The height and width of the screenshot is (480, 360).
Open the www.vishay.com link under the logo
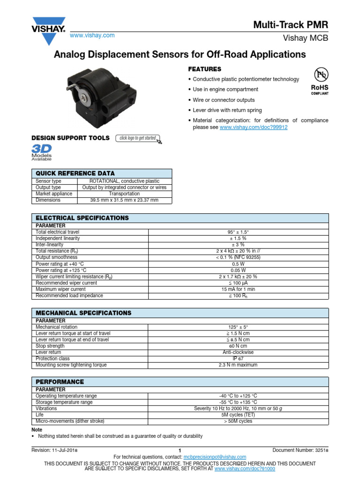pos(92,36)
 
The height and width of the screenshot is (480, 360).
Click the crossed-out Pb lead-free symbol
pos(321,75)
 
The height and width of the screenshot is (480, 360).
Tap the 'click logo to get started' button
pos(139,138)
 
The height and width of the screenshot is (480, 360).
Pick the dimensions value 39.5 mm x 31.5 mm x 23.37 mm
pos(124,200)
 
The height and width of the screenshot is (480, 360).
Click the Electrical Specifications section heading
pos(82,218)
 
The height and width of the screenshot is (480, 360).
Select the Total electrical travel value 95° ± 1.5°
pos(239,232)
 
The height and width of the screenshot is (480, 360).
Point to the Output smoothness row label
pos(57,257)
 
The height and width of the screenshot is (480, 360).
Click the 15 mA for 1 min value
pos(239,289)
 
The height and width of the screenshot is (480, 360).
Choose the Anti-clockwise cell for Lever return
pos(239,352)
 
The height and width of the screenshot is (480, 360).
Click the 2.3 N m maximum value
pos(239,365)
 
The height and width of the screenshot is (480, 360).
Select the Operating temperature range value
pos(239,396)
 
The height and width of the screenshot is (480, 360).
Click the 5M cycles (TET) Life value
pos(239,415)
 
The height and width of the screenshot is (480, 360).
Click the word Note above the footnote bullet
pos(37,429)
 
